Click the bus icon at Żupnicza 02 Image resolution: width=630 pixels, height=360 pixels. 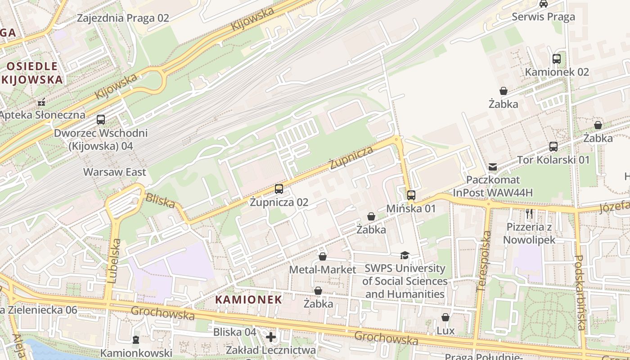click(279, 189)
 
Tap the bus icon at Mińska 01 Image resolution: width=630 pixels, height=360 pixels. click(411, 195)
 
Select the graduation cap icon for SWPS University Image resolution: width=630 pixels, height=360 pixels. click(405, 255)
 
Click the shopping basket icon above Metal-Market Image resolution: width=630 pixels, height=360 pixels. click(323, 256)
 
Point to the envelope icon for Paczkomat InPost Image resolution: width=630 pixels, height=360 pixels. click(493, 167)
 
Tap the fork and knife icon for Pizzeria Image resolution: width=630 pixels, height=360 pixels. click(529, 214)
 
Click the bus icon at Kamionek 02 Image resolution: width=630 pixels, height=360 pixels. click(557, 58)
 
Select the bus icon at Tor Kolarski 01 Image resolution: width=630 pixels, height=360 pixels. click(553, 147)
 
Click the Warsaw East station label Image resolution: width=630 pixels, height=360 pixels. click(115, 172)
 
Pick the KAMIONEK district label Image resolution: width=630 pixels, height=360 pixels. click(248, 299)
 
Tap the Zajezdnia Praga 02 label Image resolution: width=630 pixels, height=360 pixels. click(123, 18)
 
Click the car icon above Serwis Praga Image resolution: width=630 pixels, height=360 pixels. click(544, 4)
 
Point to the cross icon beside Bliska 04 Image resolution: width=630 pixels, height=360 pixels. click(271, 337)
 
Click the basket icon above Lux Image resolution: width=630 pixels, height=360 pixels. click(445, 317)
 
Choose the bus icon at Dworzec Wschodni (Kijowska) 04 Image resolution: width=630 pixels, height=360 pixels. click(101, 120)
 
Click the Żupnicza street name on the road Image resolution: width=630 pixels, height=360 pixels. click(351, 157)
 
